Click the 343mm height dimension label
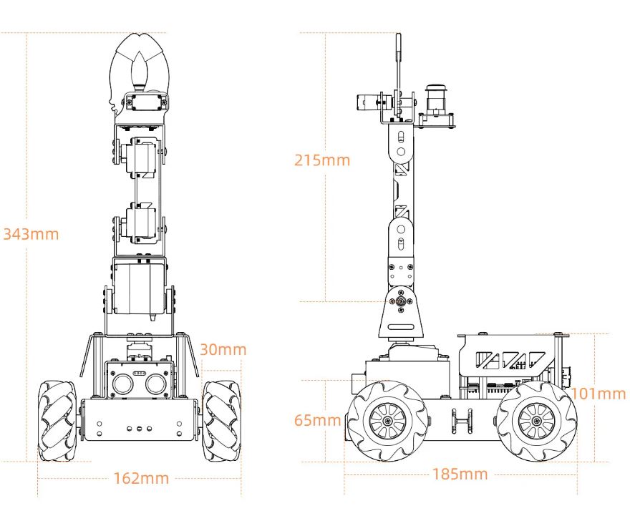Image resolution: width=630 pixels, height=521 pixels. (x=31, y=234)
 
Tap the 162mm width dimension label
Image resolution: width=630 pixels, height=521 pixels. (x=141, y=479)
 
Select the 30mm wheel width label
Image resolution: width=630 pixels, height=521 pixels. (x=223, y=349)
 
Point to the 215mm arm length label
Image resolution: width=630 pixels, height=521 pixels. (x=322, y=160)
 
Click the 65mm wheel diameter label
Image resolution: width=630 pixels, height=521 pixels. (x=317, y=420)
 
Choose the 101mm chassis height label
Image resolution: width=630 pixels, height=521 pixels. (x=598, y=394)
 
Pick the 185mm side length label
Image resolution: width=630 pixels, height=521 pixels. (x=460, y=474)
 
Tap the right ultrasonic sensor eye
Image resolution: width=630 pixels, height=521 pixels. (x=156, y=384)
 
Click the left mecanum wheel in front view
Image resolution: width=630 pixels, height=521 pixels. (x=57, y=421)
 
